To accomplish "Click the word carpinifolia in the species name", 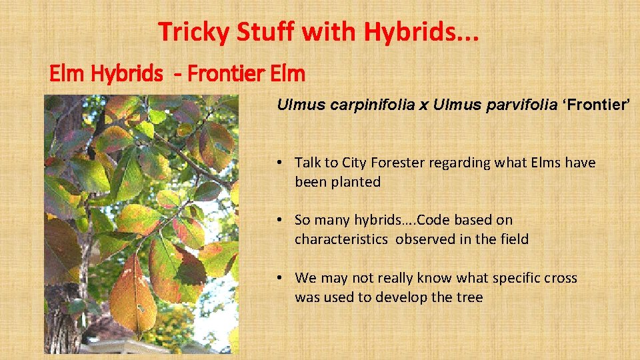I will tap(353, 105).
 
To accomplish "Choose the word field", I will tap(513, 239).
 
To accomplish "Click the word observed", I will tap(424, 239).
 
